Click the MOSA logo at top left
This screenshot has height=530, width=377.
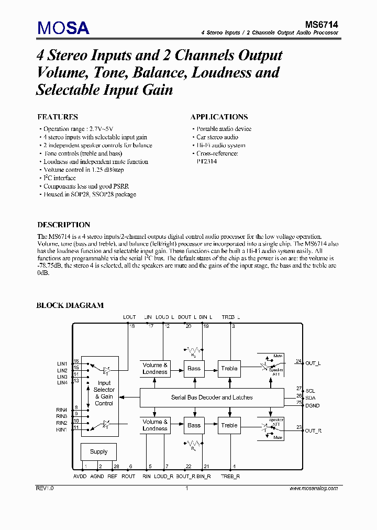click(63, 27)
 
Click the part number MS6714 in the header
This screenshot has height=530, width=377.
click(321, 24)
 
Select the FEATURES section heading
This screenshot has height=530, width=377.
click(58, 117)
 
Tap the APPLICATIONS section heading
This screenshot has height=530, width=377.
click(219, 117)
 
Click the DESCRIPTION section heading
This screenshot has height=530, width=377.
click(64, 225)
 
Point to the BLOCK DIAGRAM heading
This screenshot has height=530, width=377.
click(70, 305)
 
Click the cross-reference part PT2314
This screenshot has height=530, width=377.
click(206, 162)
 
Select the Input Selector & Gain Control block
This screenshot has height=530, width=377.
click(104, 393)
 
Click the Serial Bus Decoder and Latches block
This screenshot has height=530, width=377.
click(212, 397)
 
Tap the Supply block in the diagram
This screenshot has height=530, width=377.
click(98, 451)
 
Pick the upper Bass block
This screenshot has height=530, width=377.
click(194, 368)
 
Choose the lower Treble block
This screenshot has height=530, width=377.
click(229, 425)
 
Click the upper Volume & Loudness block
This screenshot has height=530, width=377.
click(155, 368)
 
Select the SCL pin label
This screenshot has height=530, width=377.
click(311, 391)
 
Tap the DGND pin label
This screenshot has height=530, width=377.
click(313, 405)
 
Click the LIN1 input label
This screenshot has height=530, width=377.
click(62, 363)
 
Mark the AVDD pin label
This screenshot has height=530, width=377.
click(81, 476)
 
